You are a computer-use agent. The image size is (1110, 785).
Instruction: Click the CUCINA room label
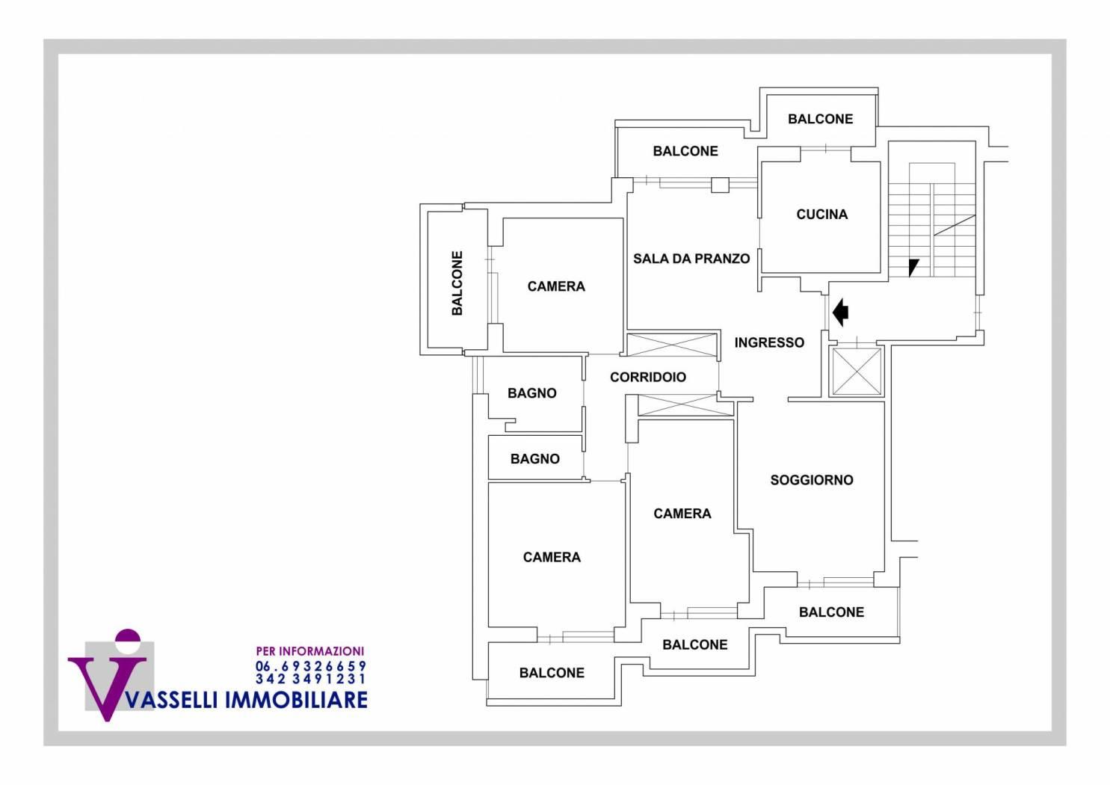(821, 215)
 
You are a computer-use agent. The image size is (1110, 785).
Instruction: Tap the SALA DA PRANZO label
(691, 259)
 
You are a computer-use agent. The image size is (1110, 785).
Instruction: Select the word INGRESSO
(769, 342)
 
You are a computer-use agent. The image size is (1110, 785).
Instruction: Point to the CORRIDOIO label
(647, 377)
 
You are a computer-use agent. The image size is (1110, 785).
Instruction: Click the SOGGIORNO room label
(811, 480)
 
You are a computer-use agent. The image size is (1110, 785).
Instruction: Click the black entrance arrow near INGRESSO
(841, 312)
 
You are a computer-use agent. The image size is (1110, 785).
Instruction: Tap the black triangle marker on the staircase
(913, 266)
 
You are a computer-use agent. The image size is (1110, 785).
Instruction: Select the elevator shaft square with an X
(856, 371)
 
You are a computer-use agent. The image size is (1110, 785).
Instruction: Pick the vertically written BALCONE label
(457, 283)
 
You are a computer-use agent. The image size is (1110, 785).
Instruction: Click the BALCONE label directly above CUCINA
(820, 119)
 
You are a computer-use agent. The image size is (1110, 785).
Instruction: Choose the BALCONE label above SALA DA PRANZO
(685, 151)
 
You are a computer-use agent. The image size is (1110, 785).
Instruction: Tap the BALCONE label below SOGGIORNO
(831, 612)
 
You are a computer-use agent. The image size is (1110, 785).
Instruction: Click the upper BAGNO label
(531, 393)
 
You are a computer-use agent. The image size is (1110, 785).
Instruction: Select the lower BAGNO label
(534, 459)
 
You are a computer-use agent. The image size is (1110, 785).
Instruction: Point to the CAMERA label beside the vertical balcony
(556, 286)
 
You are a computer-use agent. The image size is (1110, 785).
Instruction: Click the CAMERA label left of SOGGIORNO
(682, 514)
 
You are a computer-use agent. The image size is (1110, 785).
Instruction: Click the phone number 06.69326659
(311, 665)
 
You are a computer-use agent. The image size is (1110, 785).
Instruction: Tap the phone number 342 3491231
(311, 679)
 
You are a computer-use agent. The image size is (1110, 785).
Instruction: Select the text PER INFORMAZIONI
(309, 651)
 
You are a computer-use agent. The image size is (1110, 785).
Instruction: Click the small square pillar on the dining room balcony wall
(719, 184)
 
